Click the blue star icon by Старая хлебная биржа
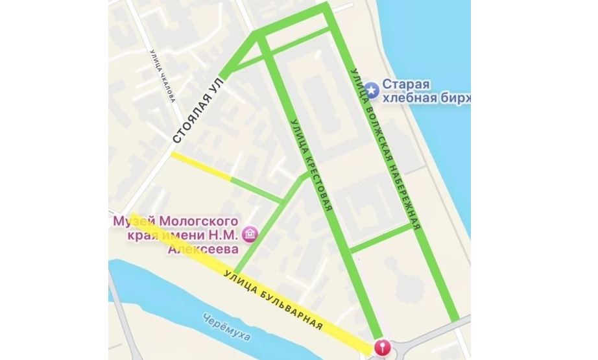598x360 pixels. [372, 90]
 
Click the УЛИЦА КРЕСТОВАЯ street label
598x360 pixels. [310, 165]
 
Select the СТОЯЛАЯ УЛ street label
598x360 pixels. [201, 115]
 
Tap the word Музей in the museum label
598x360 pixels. [128, 221]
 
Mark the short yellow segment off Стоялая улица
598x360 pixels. [201, 167]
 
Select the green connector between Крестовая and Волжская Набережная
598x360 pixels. [381, 237]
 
